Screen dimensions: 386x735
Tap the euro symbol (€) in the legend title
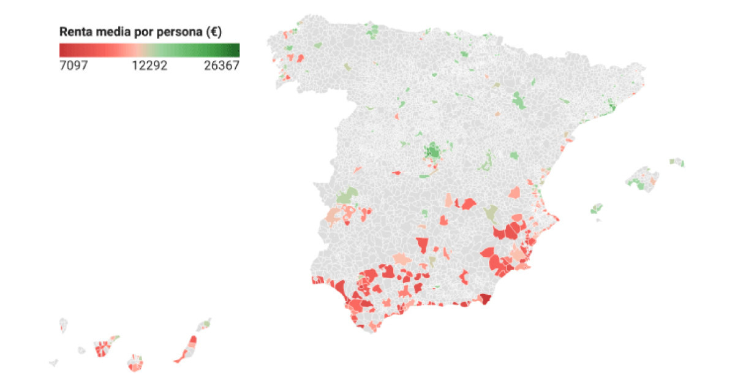pyautogui.click(x=214, y=32)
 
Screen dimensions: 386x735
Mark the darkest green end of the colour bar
pyautogui.click(x=236, y=50)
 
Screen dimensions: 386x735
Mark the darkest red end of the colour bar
pyautogui.click(x=62, y=50)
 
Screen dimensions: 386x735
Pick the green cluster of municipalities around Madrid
pyautogui.click(x=434, y=151)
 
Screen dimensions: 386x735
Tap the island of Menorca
pyautogui.click(x=676, y=162)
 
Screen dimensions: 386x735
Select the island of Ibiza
pyautogui.click(x=595, y=209)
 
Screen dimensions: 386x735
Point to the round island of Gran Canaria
pyautogui.click(x=135, y=363)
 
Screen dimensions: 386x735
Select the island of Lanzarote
pyautogui.click(x=204, y=325)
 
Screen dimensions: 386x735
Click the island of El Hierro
pyautogui.click(x=53, y=363)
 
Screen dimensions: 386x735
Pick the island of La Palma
pyautogui.click(x=63, y=325)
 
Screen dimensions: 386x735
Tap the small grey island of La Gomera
pyautogui.click(x=81, y=350)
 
